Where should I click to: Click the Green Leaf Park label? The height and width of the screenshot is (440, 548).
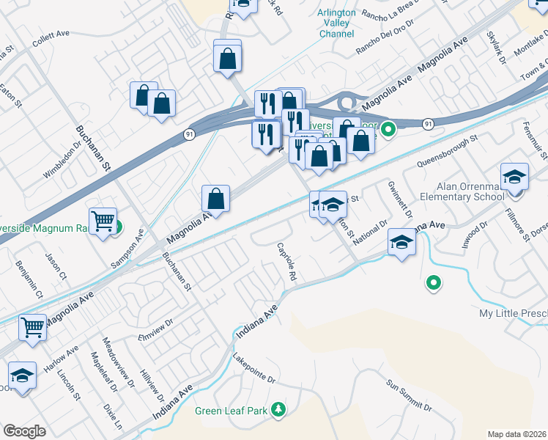(231, 411)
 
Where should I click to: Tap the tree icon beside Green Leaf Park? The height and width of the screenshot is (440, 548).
(278, 410)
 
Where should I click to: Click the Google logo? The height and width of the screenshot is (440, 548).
(24, 431)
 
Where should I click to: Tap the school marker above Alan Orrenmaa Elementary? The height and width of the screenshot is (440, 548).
(515, 177)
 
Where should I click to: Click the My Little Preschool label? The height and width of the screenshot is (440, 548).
(513, 313)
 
